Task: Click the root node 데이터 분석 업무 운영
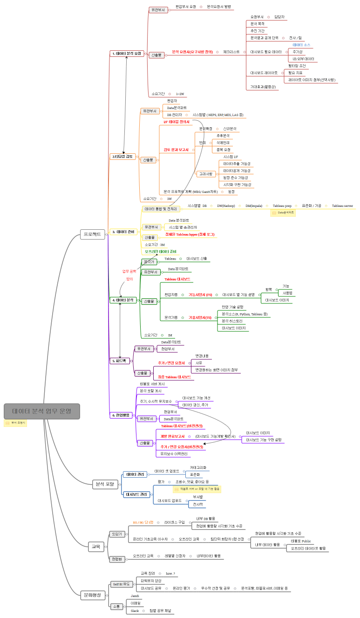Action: click(42, 411)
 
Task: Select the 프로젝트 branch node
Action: click(93, 234)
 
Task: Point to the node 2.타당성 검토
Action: click(123, 157)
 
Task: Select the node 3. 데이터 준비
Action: click(123, 232)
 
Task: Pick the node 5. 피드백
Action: click(120, 360)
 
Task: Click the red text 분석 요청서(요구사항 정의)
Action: click(192, 52)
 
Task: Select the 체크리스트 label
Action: click(231, 52)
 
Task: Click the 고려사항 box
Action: click(206, 174)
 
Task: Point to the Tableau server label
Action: click(342, 206)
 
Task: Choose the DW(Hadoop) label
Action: click(226, 206)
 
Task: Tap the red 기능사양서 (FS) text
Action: click(200, 295)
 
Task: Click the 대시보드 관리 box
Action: click(136, 494)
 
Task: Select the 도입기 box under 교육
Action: click(116, 534)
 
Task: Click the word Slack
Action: click(135, 611)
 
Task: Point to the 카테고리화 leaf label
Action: click(198, 467)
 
